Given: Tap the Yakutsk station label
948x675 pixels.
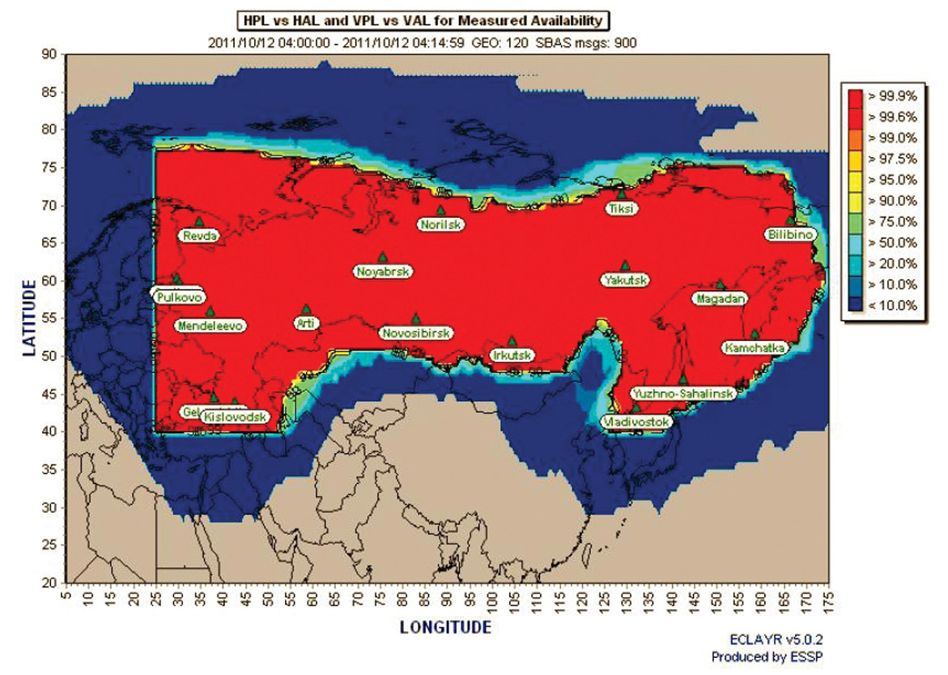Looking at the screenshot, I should tap(625, 280).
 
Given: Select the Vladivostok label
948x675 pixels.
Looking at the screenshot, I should tap(636, 422).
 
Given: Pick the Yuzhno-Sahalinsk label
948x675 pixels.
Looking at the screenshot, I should tap(683, 394).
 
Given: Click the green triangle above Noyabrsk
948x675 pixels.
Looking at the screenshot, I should tap(383, 258).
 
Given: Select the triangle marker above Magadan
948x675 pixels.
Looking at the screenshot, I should tap(719, 284).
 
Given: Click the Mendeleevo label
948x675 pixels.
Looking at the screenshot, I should tap(210, 326).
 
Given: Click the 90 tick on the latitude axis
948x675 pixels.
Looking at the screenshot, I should tap(49, 54).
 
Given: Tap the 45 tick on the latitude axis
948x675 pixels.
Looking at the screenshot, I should tap(49, 395).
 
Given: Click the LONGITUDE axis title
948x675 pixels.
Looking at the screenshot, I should tap(445, 627).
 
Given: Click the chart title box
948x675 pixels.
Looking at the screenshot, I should tap(423, 20).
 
